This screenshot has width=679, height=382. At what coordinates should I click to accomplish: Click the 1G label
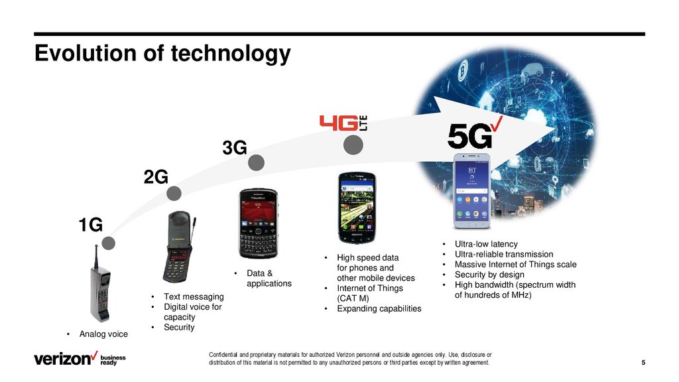click(90, 225)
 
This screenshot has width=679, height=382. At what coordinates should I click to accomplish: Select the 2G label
click(156, 177)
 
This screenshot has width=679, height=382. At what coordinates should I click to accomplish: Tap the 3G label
click(235, 148)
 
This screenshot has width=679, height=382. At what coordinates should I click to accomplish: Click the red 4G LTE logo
click(343, 123)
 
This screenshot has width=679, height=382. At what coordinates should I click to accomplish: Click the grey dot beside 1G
click(108, 243)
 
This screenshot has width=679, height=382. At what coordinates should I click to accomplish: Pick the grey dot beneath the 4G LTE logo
click(353, 145)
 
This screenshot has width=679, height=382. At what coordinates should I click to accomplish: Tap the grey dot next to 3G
click(257, 163)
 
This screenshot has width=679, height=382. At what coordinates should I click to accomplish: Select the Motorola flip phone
click(178, 247)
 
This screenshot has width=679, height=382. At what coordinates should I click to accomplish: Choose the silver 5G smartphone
click(472, 190)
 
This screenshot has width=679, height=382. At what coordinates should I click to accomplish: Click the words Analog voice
click(103, 334)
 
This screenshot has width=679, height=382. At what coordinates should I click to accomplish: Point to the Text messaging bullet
click(194, 296)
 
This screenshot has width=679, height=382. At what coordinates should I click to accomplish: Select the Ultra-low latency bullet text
click(486, 244)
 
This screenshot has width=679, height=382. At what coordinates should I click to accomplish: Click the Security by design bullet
click(489, 275)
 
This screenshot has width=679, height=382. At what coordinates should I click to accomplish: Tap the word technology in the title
click(231, 54)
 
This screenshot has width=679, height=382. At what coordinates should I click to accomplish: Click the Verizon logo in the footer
click(66, 359)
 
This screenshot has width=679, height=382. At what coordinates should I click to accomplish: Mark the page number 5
click(643, 363)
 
